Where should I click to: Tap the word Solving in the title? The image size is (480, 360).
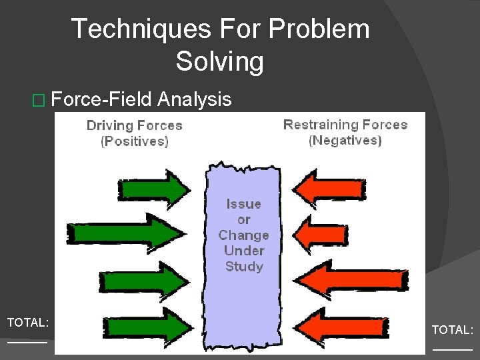pyautogui.click(x=219, y=62)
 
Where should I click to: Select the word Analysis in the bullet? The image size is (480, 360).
pyautogui.click(x=194, y=100)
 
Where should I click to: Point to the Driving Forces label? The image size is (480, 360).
pyautogui.click(x=134, y=125)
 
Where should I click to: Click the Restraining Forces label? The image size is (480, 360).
pyautogui.click(x=345, y=125)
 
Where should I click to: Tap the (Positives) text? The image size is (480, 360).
pyautogui.click(x=134, y=141)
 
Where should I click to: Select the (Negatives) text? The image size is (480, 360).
pyautogui.click(x=345, y=140)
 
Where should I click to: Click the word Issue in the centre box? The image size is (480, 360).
pyautogui.click(x=243, y=204)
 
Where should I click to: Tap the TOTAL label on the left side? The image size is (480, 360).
pyautogui.click(x=27, y=323)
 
